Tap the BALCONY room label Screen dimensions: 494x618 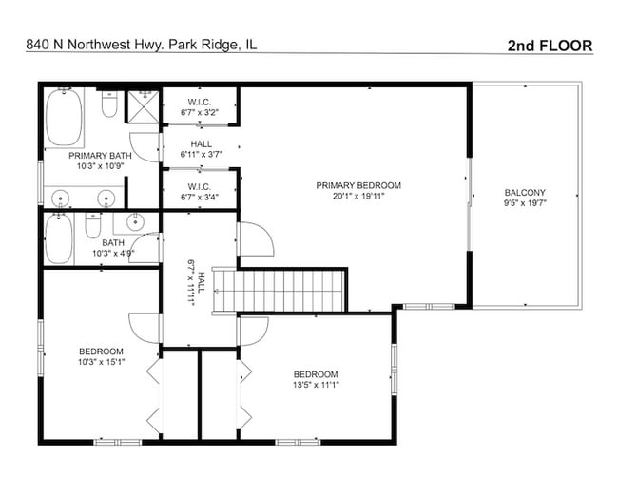(525, 191)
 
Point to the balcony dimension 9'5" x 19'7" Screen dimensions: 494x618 (525, 202)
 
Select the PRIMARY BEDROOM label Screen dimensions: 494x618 (358, 185)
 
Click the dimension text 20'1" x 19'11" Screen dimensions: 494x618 (358, 197)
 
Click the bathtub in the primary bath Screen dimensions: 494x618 (65, 113)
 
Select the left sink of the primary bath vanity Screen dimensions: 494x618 (62, 198)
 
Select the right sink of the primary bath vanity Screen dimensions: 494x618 (106, 198)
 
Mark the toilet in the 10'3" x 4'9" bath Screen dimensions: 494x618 (93, 227)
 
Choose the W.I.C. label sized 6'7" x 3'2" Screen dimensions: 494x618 (200, 106)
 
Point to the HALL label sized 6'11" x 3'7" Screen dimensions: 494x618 (201, 149)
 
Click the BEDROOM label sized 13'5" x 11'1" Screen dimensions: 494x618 (316, 379)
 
